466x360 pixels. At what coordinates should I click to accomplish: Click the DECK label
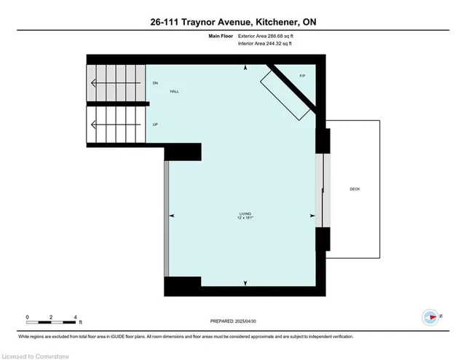[355, 189]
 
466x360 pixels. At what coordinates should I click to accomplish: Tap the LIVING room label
[245, 213]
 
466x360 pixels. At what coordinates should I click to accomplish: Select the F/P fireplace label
[302, 77]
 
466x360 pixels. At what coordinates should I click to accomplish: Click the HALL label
[175, 91]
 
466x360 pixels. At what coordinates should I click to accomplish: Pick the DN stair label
[155, 84]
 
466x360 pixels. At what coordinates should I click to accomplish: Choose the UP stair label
[155, 125]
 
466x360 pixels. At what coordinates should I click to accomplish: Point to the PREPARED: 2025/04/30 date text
[233, 321]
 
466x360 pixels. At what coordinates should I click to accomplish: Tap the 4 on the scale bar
[75, 317]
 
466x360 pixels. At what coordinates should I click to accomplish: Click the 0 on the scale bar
[27, 317]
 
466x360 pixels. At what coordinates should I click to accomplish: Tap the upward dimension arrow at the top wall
[245, 68]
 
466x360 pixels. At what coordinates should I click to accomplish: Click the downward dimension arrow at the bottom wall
[245, 283]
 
